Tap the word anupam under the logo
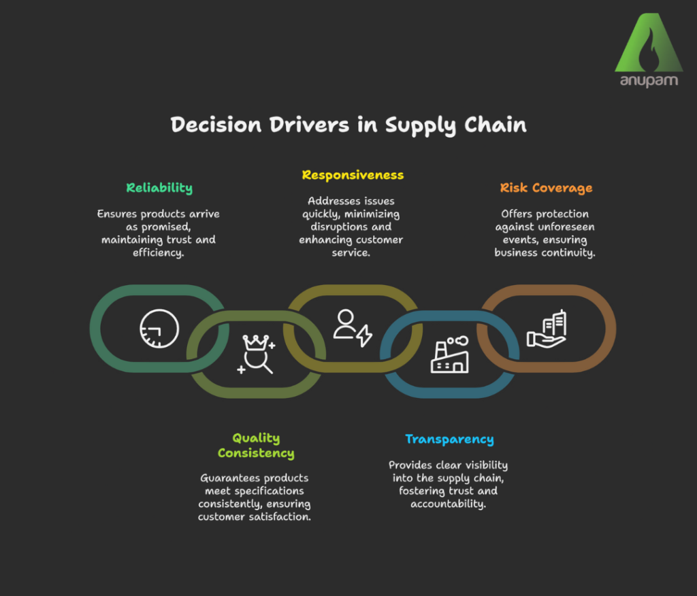[649, 82]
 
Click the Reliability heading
[159, 188]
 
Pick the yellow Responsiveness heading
[353, 176]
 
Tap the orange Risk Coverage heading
[546, 188]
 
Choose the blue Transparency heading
[449, 440]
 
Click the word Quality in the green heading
[256, 439]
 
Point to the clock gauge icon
[159, 329]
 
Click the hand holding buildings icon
[546, 329]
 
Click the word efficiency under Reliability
[159, 252]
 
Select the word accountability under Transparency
[449, 504]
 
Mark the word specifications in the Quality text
[270, 491]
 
